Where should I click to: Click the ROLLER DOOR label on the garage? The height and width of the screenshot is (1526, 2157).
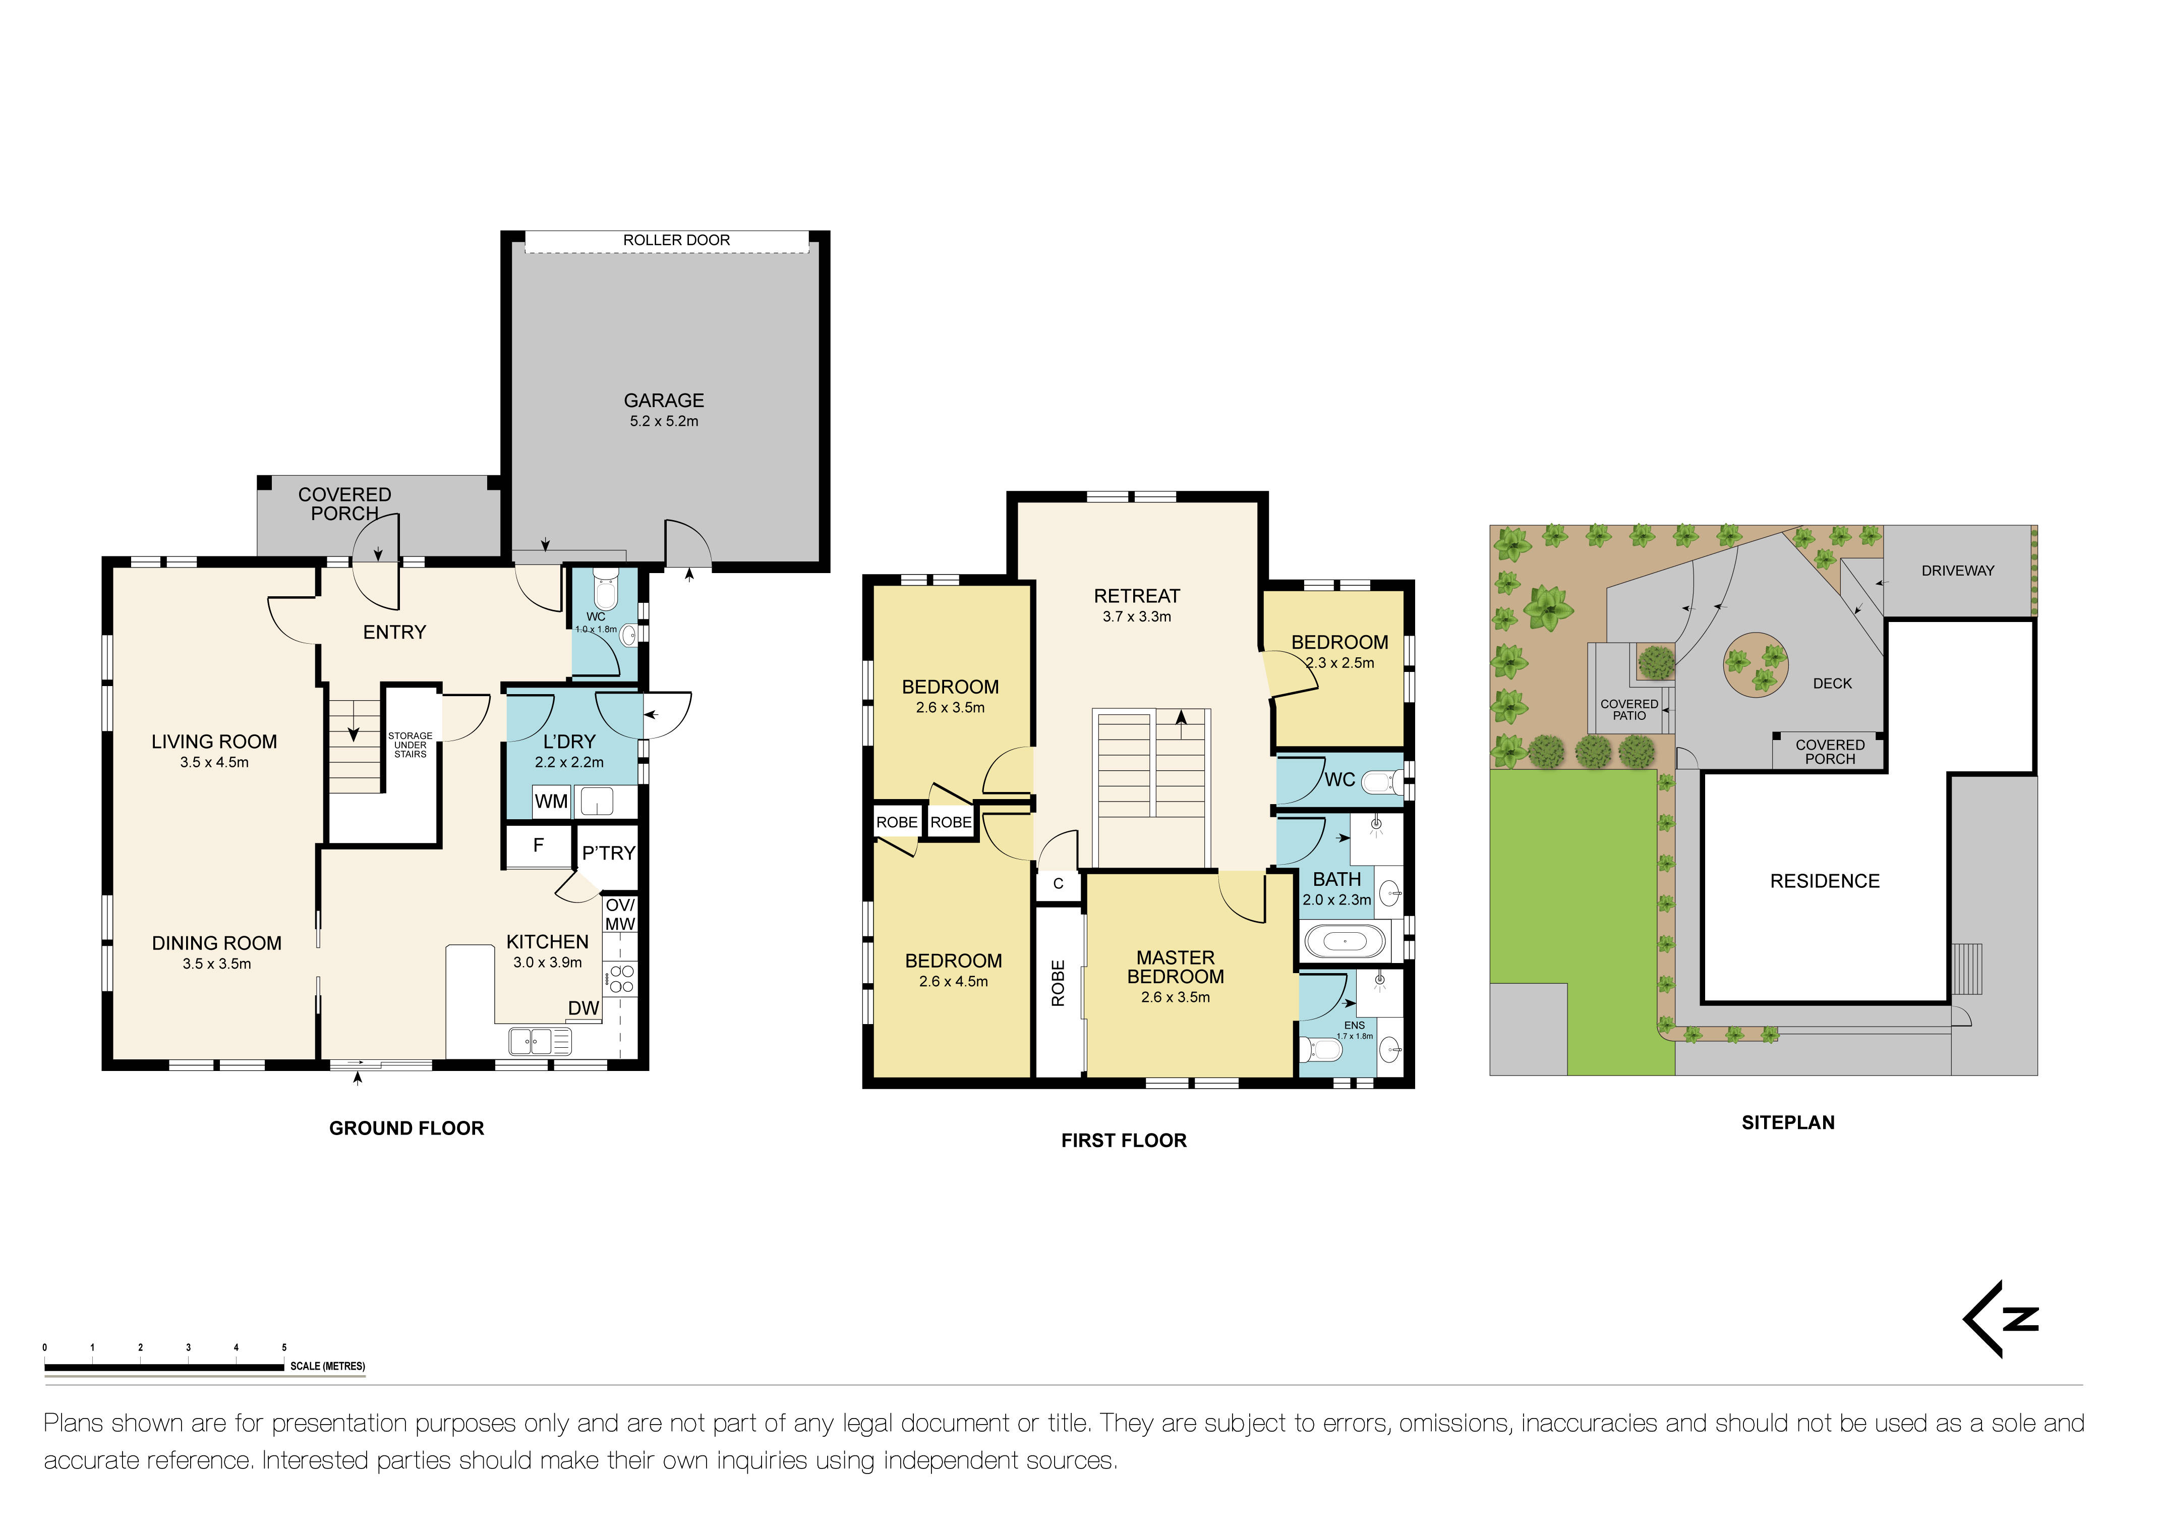point(676,241)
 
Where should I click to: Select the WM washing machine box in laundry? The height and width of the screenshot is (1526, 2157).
point(551,802)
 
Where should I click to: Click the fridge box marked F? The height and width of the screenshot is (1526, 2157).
point(538,845)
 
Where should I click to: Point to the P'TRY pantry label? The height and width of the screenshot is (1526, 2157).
point(609,853)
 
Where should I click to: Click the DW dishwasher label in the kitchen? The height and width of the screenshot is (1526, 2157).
point(584,1008)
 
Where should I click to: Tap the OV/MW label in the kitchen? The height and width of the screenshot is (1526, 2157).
point(620,914)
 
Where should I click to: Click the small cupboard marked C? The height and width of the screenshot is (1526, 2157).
point(1059,884)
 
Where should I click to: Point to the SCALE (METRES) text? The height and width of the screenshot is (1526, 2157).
point(328,1366)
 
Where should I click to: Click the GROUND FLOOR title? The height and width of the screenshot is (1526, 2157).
point(407,1128)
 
